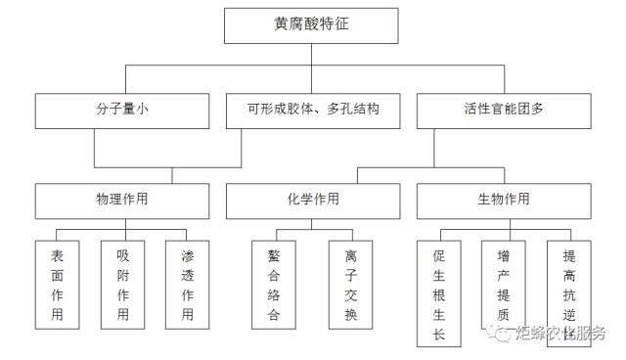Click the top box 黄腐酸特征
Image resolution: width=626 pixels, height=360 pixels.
coord(311,26)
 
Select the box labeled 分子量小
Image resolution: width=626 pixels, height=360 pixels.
coord(122,111)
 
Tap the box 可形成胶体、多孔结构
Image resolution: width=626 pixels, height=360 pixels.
coord(311,111)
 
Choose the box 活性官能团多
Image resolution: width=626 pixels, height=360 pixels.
coord(503,111)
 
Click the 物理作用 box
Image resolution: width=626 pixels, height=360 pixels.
coord(122,200)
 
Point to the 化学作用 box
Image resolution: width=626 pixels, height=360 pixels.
coord(311,200)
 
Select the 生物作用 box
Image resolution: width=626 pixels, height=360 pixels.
coord(503,200)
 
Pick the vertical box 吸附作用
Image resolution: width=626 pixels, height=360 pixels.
coord(122,284)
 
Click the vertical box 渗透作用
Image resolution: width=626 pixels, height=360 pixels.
coord(187,284)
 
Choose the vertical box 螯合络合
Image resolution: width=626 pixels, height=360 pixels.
coord(273,284)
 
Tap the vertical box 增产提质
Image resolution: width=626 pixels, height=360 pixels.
coord(503,284)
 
